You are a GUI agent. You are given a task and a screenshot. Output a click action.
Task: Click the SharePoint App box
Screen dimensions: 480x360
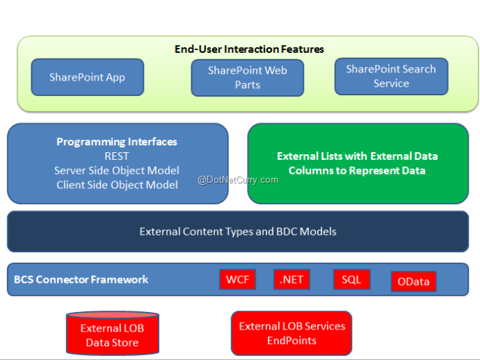[x=88, y=77]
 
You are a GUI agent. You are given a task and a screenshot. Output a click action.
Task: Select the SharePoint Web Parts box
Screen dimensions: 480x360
[x=248, y=78]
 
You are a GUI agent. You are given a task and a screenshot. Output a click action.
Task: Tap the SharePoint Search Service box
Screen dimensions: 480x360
[x=391, y=76]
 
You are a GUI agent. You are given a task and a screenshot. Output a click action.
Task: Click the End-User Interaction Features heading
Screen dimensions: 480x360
[x=249, y=49]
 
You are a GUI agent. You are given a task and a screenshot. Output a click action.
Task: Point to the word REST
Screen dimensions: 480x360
[x=117, y=156]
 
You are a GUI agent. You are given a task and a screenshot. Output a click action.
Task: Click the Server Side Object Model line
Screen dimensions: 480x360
[x=117, y=171]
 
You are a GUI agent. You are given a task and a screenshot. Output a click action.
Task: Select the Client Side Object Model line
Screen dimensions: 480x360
[x=117, y=185]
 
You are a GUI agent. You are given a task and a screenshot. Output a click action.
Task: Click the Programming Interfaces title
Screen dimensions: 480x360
[x=117, y=142]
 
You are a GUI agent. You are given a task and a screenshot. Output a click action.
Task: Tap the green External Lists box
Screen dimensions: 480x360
[x=358, y=163]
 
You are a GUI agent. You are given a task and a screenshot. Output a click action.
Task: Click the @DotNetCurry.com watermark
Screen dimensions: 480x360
[x=238, y=180]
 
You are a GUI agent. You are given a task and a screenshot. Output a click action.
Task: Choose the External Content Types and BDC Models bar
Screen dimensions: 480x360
[x=238, y=231]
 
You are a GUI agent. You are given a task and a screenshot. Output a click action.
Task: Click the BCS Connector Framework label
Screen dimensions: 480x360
[x=81, y=279]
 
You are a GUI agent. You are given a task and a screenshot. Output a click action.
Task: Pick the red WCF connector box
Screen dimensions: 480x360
[x=237, y=279]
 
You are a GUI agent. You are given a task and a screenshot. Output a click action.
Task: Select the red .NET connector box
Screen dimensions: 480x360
[x=291, y=279]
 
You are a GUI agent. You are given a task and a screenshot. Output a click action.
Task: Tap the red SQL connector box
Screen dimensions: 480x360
[x=352, y=279]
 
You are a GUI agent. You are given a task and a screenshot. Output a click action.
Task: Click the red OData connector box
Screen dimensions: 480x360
[x=414, y=281]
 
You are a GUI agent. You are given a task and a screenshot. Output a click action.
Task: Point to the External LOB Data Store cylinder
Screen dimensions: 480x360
[x=112, y=334]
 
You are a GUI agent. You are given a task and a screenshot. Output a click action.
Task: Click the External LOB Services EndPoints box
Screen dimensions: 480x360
[x=291, y=334]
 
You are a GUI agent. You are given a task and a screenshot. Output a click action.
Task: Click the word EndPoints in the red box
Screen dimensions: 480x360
[x=291, y=341]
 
